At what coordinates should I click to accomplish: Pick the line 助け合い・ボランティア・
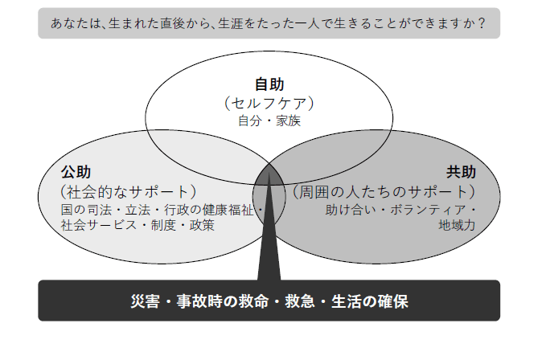pos(401,210)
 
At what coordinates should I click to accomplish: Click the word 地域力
pos(457,226)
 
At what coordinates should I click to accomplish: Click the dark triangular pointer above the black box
pos(269,241)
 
